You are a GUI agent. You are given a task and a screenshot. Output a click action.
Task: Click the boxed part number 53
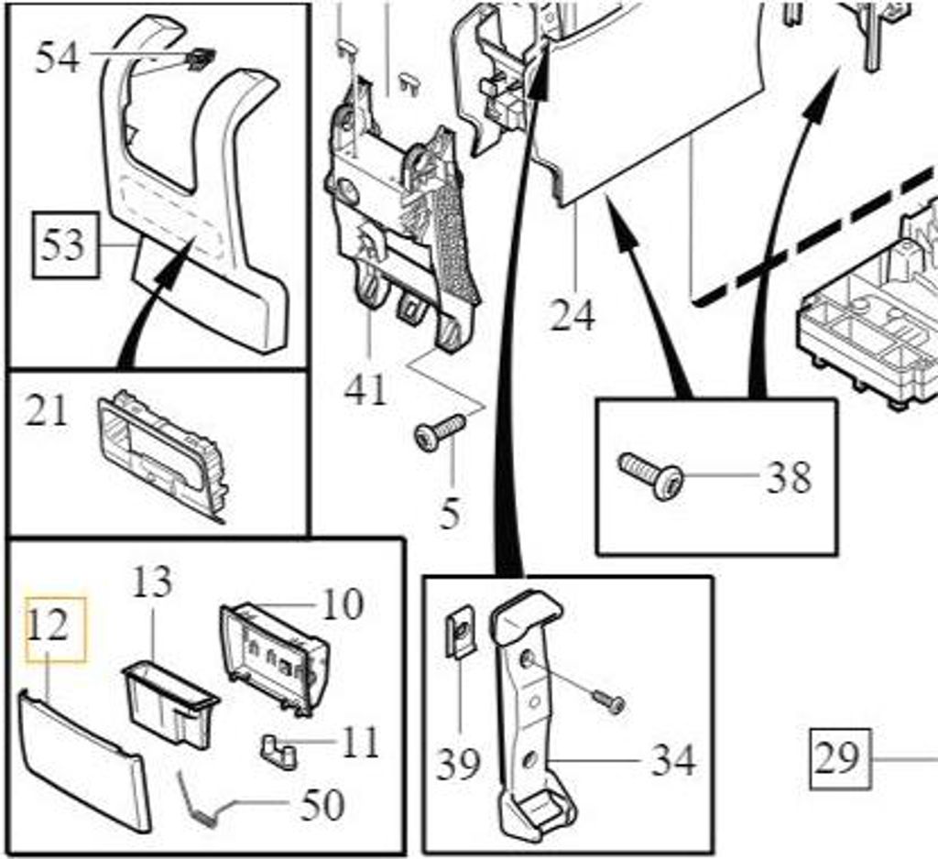tap(62, 245)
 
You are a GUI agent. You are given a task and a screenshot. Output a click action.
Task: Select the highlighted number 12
tap(48, 627)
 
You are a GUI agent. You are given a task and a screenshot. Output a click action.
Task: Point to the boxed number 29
tap(837, 758)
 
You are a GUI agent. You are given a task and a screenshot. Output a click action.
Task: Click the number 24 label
tap(573, 315)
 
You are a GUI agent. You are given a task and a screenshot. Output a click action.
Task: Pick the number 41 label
tap(366, 389)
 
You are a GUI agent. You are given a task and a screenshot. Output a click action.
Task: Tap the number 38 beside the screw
tap(788, 476)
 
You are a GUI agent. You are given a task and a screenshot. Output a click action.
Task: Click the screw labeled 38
tap(651, 475)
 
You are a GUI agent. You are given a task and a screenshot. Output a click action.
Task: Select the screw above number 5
tap(441, 429)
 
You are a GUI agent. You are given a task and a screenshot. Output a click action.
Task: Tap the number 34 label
tap(673, 760)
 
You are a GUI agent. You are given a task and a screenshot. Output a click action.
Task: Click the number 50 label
tap(322, 805)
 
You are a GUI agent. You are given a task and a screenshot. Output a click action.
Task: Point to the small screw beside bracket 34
tap(608, 700)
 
